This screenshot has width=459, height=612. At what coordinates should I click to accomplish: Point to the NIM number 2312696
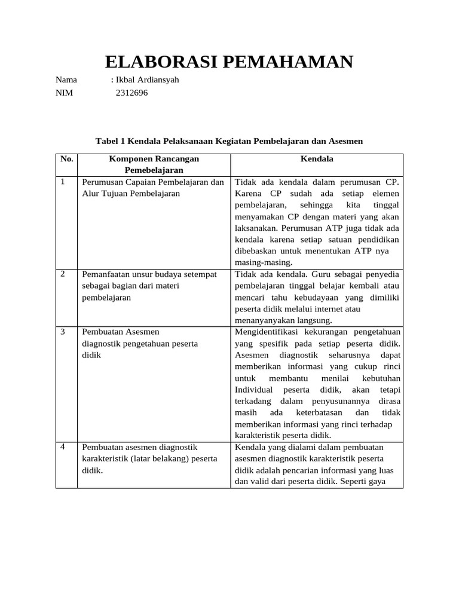(131, 93)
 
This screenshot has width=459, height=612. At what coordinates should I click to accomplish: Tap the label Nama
(66, 79)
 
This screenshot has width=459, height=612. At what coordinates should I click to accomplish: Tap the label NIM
(64, 93)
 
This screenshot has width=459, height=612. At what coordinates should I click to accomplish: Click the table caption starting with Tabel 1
(229, 141)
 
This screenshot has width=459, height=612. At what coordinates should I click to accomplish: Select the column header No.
(66, 160)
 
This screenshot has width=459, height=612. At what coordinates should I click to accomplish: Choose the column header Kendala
(317, 160)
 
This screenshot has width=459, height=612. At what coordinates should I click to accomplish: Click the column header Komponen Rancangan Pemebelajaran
(154, 164)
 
